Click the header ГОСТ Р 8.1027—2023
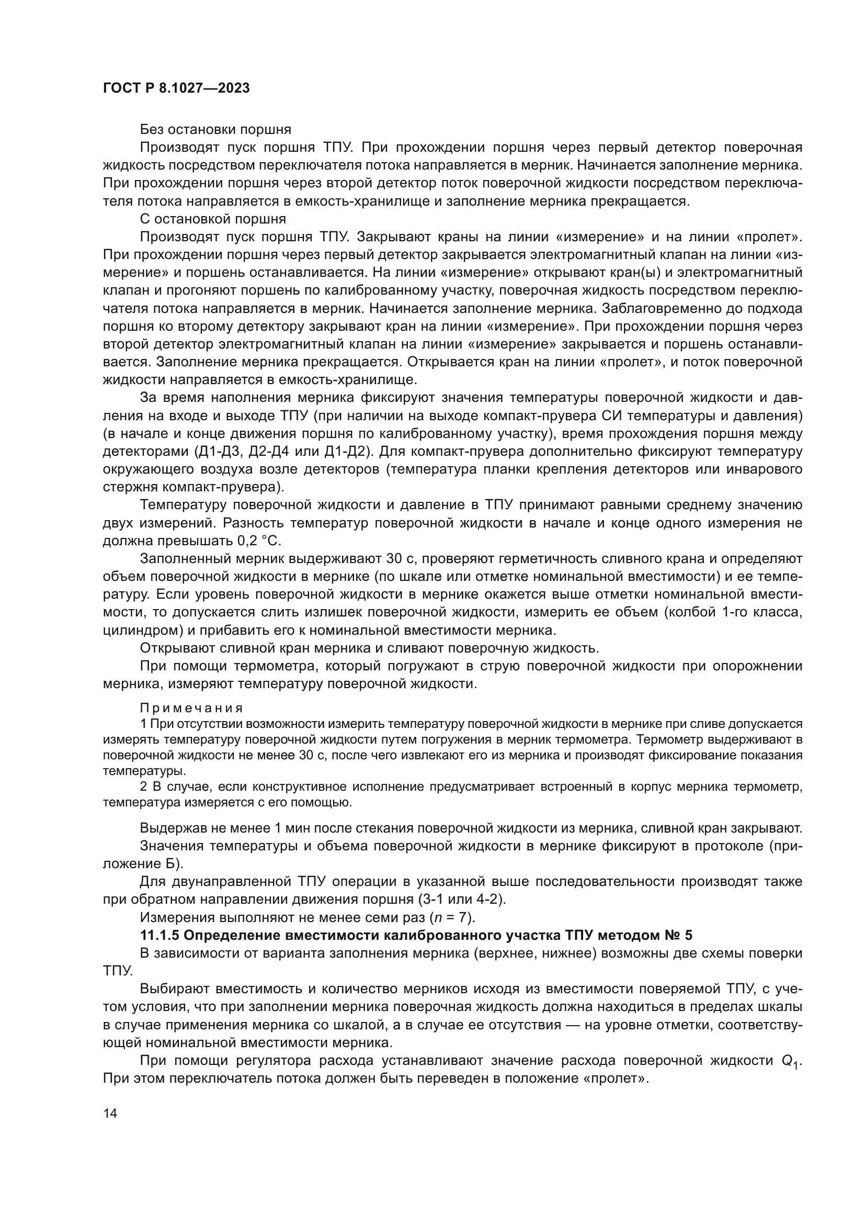[176, 88]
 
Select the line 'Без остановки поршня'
[215, 130]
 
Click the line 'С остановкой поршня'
[212, 219]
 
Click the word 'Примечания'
[191, 708]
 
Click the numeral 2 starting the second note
[143, 787]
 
